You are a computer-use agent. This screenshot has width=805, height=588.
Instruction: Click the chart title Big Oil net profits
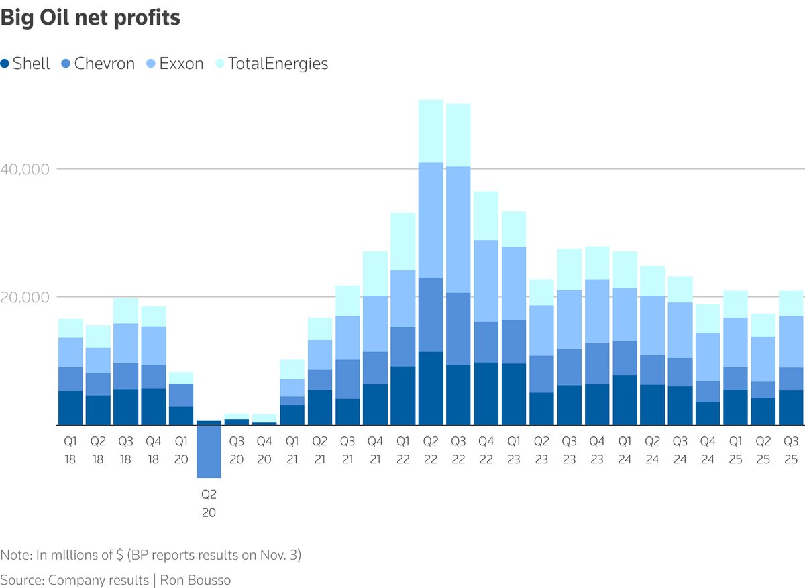pyautogui.click(x=91, y=18)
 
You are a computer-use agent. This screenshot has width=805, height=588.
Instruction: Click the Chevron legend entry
pyautogui.click(x=98, y=64)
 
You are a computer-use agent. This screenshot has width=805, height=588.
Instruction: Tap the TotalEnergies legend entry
pyautogui.click(x=272, y=64)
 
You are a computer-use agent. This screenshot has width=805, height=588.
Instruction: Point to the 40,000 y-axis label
pyautogui.click(x=25, y=169)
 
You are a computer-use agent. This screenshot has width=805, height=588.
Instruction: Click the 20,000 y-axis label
pyautogui.click(x=25, y=297)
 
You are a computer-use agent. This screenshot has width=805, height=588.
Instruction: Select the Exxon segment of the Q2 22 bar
pyautogui.click(x=431, y=220)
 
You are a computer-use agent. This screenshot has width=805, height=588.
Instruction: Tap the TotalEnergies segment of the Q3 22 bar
pyautogui.click(x=458, y=135)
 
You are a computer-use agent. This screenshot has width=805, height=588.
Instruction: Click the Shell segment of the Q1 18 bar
pyautogui.click(x=70, y=408)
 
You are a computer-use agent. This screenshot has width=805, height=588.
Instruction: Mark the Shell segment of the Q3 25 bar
pyautogui.click(x=791, y=408)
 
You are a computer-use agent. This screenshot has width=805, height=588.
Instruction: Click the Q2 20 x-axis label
pyautogui.click(x=209, y=504)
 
